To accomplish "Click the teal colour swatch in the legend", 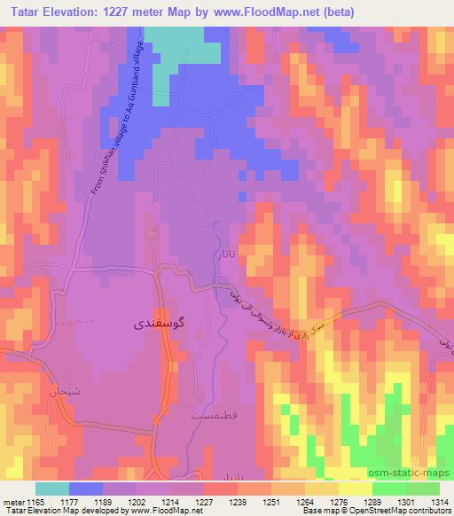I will pos(52,489).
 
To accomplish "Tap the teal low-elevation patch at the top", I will pos(182,44).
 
